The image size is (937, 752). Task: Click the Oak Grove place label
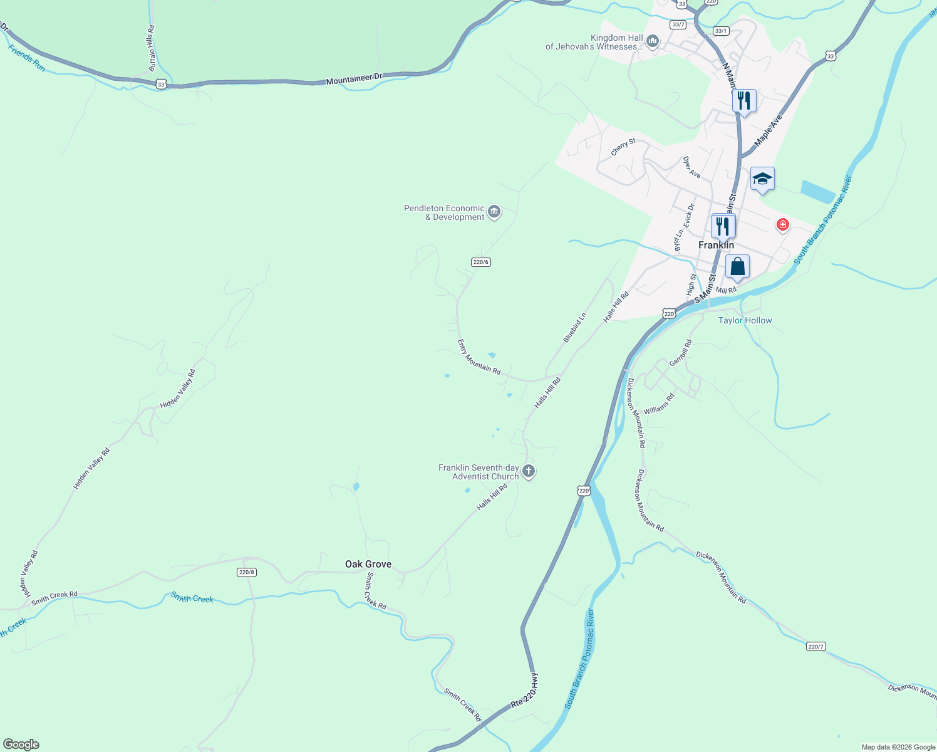(x=368, y=564)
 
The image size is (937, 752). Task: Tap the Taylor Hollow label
(x=745, y=320)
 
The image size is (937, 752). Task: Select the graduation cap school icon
(x=762, y=179)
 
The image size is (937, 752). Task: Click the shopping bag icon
(x=738, y=266)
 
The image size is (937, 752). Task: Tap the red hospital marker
(x=782, y=224)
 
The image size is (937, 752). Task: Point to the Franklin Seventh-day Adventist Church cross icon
(x=529, y=471)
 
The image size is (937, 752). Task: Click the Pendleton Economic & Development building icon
(x=494, y=212)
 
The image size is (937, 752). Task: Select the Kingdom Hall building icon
(x=653, y=41)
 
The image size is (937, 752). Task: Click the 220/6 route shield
(x=480, y=262)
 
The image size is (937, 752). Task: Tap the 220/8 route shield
(x=247, y=572)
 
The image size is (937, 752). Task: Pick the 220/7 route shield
(x=815, y=647)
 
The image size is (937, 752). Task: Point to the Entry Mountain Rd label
(x=479, y=357)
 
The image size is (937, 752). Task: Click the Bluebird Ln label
(x=574, y=328)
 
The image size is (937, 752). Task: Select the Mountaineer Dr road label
(x=354, y=79)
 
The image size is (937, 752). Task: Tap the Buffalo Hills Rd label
(x=152, y=48)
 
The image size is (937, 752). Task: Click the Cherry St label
(x=623, y=147)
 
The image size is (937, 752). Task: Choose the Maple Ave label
(x=769, y=130)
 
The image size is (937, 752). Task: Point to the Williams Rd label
(x=659, y=404)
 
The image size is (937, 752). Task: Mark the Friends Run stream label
(x=27, y=58)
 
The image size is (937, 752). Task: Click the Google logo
(x=21, y=744)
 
